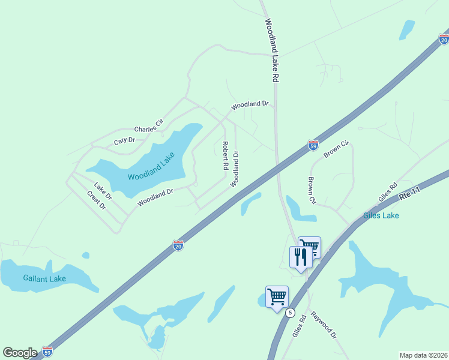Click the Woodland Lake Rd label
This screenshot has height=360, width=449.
pyautogui.click(x=273, y=50)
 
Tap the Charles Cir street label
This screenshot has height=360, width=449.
pyautogui.click(x=149, y=127)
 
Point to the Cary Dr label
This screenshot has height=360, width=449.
pyautogui.click(x=125, y=140)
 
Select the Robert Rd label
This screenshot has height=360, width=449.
pyautogui.click(x=225, y=155)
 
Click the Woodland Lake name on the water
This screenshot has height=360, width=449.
pyautogui.click(x=151, y=169)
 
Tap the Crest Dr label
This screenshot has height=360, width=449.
pyautogui.click(x=96, y=200)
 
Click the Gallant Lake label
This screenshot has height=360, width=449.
pyautogui.click(x=44, y=278)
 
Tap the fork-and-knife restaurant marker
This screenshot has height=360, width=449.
pyautogui.click(x=301, y=257)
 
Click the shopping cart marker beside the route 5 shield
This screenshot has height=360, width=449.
pyautogui.click(x=277, y=296)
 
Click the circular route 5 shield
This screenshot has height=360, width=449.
pyautogui.click(x=291, y=313)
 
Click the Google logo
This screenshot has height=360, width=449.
pyautogui.click(x=20, y=352)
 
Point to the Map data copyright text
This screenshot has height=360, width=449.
pyautogui.click(x=424, y=355)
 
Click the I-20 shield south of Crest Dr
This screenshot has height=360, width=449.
pyautogui.click(x=178, y=245)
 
